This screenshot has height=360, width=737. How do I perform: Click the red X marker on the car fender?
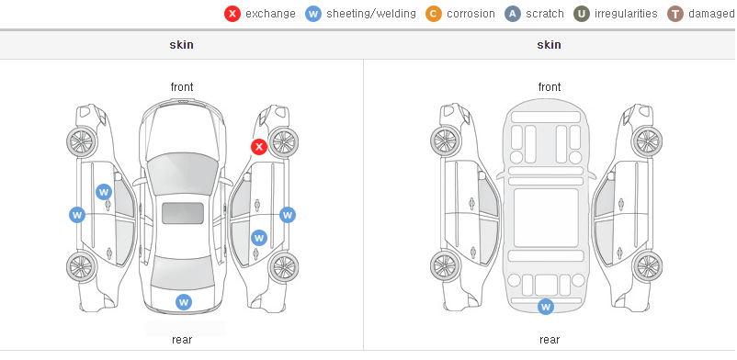pos(258,147)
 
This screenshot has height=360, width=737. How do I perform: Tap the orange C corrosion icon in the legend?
pos(433,14)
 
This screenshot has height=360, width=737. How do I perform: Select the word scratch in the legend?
pos(545,14)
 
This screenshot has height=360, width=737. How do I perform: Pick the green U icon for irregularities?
pos(582,14)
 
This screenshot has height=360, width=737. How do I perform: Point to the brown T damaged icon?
pos(675,14)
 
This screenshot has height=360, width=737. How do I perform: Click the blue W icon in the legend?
pos(313,14)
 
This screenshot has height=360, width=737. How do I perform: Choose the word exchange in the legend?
pos(270,14)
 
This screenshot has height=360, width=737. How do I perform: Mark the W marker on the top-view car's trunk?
pos(184,302)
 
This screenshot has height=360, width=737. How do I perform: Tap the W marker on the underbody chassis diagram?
pos(545,307)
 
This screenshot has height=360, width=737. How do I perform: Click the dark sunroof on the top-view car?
pos(183,213)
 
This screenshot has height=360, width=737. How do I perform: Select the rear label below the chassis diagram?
pos(550,339)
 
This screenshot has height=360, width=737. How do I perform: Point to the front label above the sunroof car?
pos(182,87)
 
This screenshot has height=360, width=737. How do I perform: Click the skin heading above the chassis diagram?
pos(549,45)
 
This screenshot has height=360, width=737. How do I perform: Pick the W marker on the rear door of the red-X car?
pos(258,238)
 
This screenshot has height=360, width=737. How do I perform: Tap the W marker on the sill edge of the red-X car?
pos(288,215)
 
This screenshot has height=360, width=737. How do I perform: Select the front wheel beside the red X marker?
pos(282,141)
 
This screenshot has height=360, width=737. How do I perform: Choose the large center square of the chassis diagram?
pos(546,218)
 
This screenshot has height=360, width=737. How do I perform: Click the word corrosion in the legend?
pos(471,14)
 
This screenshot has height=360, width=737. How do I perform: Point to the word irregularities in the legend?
pos(626,14)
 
